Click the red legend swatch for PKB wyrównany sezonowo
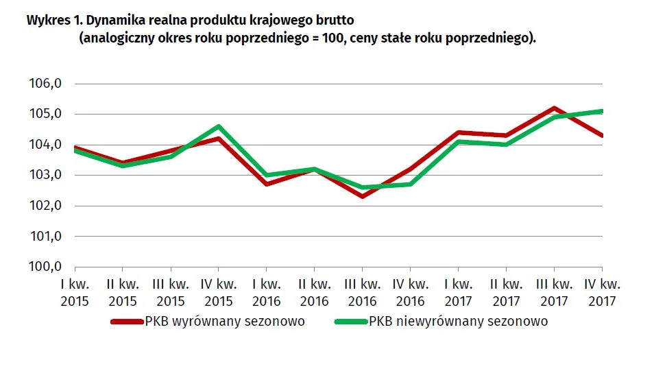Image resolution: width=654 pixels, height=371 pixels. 127,322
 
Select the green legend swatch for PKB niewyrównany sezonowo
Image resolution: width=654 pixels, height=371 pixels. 350,322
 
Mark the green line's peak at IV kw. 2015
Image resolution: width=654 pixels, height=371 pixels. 219,126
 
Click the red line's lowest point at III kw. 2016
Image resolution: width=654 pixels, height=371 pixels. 362,197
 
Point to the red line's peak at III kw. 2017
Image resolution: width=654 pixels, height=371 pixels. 554,108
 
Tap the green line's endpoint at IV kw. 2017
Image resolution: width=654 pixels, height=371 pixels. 601,111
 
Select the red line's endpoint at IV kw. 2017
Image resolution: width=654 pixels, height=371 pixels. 601,136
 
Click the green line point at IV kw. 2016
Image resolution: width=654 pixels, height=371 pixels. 410,184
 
